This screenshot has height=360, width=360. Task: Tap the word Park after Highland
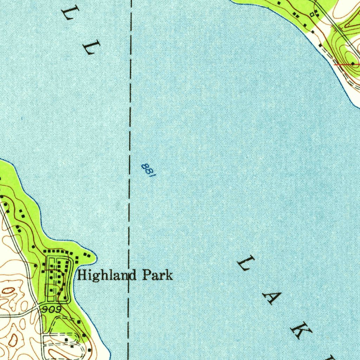[x=157, y=275]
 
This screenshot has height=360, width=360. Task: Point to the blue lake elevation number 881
[x=148, y=171]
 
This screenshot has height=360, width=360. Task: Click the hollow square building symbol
[x=311, y=14]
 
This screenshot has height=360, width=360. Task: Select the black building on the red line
[x=353, y=64]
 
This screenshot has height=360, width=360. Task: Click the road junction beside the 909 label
[x=38, y=307]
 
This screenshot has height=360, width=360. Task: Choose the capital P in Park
[x=146, y=275]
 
